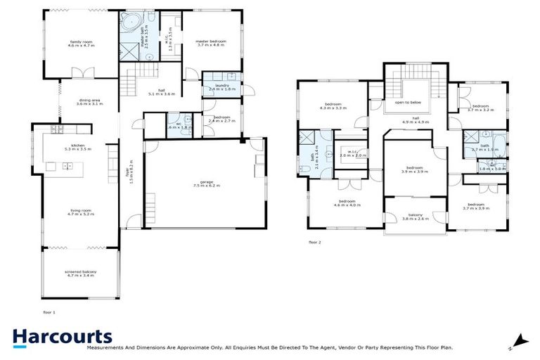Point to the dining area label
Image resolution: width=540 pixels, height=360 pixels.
(x=89, y=102)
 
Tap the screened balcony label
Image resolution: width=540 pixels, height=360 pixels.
(x=79, y=274)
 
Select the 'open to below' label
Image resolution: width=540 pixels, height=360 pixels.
(x=411, y=103)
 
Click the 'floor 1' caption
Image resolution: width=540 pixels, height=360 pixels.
(x=49, y=310)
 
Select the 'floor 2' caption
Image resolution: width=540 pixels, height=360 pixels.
(x=314, y=242)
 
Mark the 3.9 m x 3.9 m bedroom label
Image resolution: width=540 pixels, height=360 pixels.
(x=415, y=169)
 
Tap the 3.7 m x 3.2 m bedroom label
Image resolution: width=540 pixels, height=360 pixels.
(x=481, y=108)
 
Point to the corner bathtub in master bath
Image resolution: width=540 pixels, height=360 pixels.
(x=131, y=23)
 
